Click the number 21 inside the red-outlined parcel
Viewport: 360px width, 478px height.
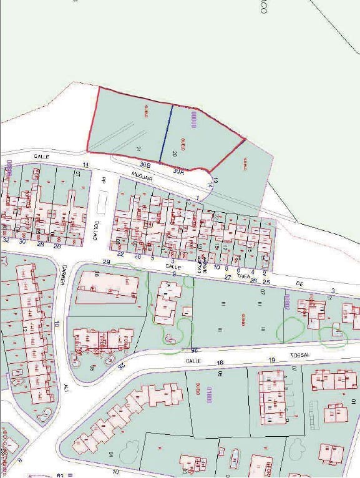coord(139,149)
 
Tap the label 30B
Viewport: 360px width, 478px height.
coord(145,164)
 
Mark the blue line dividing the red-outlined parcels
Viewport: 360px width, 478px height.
coord(166,134)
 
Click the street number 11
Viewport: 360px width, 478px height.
coord(85,165)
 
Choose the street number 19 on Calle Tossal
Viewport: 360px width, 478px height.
coord(271,361)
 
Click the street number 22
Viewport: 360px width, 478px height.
coord(120,255)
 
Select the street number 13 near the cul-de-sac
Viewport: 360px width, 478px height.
coord(215,182)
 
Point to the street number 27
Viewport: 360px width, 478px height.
coord(228,276)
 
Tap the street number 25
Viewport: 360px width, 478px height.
coord(266,282)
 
